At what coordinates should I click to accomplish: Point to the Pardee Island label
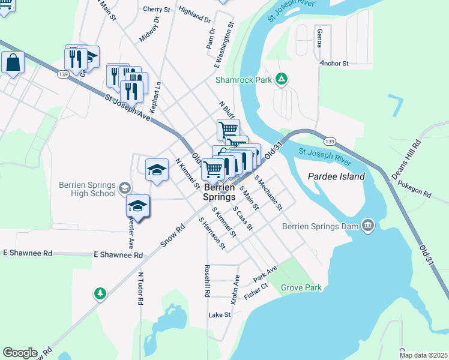coord(336,176)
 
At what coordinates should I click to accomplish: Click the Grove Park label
coord(301,287)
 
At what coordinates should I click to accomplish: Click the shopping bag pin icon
coord(13,62)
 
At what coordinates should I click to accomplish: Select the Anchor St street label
coord(334,63)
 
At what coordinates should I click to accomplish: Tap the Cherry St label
coord(156,9)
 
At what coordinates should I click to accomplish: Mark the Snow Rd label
coord(173,236)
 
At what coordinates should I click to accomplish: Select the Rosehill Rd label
coord(206,281)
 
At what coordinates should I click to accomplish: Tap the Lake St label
coord(219,315)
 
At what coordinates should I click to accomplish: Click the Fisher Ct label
coord(255,295)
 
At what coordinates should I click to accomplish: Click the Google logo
coord(20,353)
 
